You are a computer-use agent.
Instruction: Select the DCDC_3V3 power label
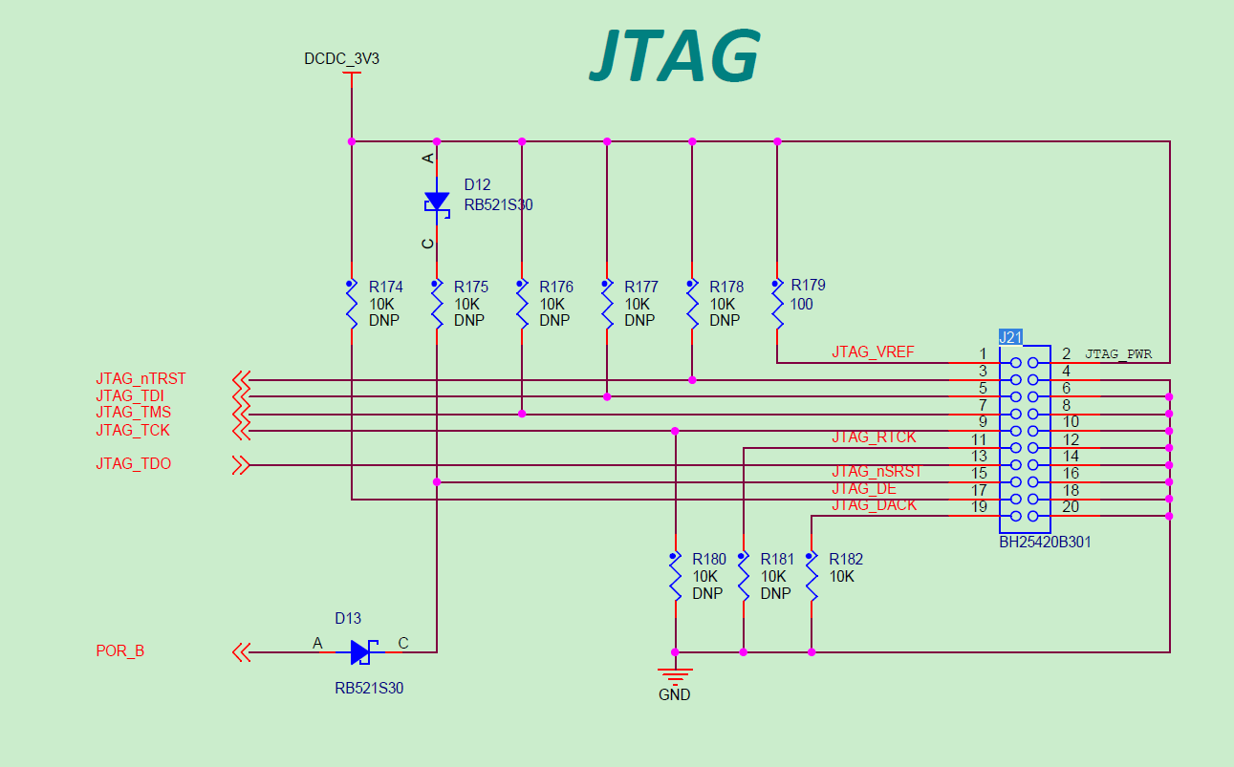(341, 59)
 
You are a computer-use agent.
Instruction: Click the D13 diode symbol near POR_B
(361, 652)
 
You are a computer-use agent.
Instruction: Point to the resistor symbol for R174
(352, 304)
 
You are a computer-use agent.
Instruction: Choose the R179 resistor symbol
(777, 304)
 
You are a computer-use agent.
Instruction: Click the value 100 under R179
(802, 304)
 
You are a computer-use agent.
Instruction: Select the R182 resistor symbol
(812, 576)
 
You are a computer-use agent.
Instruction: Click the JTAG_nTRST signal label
(141, 379)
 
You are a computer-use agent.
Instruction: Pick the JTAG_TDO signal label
(133, 464)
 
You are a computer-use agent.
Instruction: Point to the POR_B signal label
(120, 651)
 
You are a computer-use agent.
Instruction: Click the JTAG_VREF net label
(873, 352)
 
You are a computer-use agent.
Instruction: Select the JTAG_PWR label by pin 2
(1117, 354)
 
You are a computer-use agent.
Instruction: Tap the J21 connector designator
(1010, 336)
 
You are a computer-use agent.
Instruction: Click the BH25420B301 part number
(1045, 542)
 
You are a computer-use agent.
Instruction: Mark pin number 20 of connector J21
(1071, 507)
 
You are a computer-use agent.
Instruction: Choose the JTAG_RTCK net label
(874, 437)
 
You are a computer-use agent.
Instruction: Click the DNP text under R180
(707, 593)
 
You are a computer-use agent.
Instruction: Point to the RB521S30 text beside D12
(498, 203)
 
